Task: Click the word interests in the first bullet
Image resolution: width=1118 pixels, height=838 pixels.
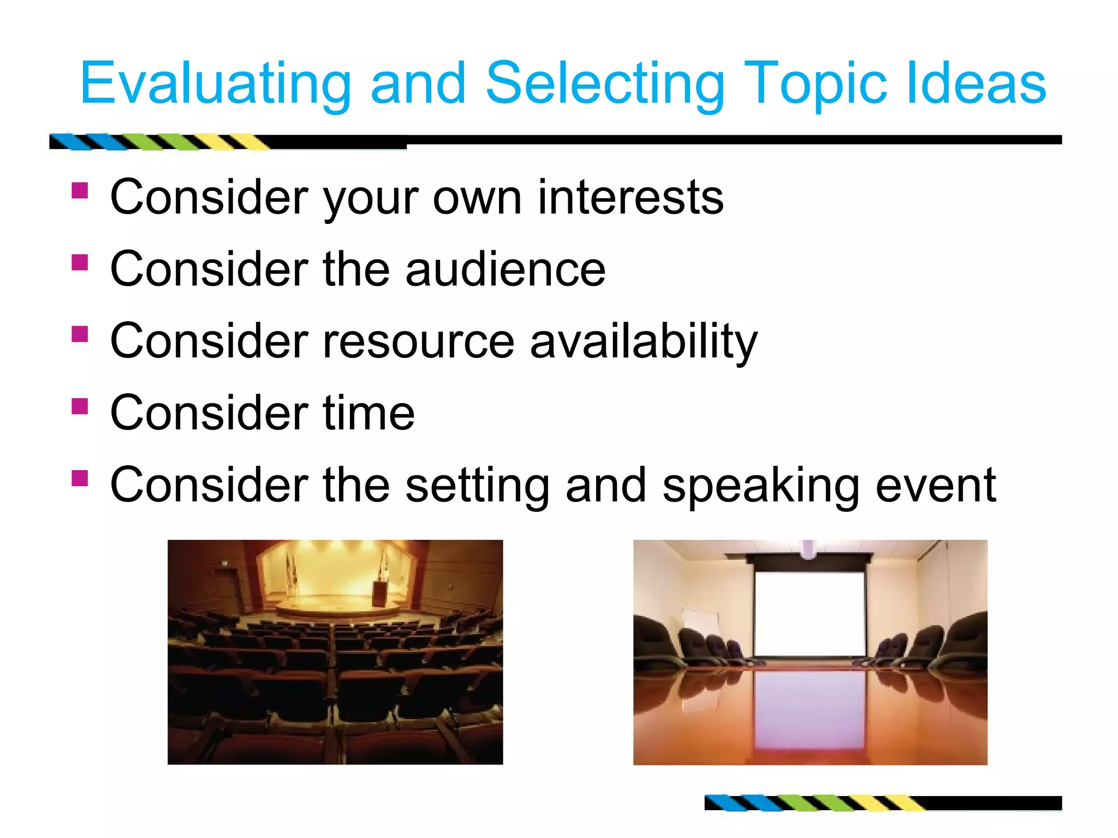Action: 631,197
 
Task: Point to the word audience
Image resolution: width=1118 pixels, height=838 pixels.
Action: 506,270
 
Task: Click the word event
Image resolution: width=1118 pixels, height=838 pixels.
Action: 936,486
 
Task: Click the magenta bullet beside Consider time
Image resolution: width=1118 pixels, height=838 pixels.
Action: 80,406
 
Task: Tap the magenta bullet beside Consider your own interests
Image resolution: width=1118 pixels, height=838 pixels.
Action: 80,190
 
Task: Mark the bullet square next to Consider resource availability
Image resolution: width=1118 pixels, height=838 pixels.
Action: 80,333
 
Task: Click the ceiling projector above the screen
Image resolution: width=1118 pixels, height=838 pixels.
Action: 808,549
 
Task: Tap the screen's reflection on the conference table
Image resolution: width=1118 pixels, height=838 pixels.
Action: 809,709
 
